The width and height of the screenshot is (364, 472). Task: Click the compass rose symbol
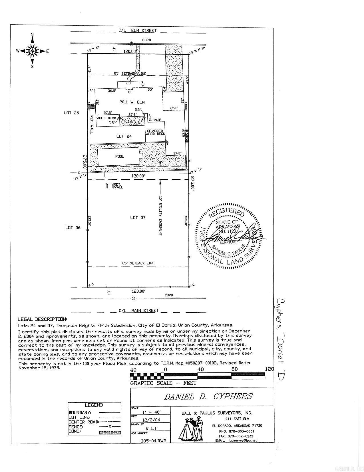[x=32, y=51]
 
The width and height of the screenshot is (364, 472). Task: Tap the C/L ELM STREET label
[x=138, y=30]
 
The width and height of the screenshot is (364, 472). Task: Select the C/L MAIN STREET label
[x=138, y=310]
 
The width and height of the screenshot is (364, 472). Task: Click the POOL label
[x=120, y=156]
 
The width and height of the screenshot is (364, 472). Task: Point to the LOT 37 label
[x=138, y=218]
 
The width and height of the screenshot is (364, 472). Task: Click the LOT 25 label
[x=71, y=113]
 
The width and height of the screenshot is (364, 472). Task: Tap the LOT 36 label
[x=73, y=228]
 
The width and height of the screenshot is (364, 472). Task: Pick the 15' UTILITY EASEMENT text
[x=160, y=216]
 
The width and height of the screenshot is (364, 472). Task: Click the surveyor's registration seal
[x=228, y=236]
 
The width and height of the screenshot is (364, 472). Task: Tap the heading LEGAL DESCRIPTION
[x=42, y=319]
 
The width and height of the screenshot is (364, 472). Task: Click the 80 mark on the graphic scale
[x=234, y=369]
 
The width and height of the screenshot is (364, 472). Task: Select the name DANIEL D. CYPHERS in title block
[x=208, y=396]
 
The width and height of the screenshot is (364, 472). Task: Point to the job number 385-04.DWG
[x=153, y=441]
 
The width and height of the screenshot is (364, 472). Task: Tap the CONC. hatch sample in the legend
[x=110, y=433]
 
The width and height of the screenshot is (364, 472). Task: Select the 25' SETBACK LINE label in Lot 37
[x=138, y=263]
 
